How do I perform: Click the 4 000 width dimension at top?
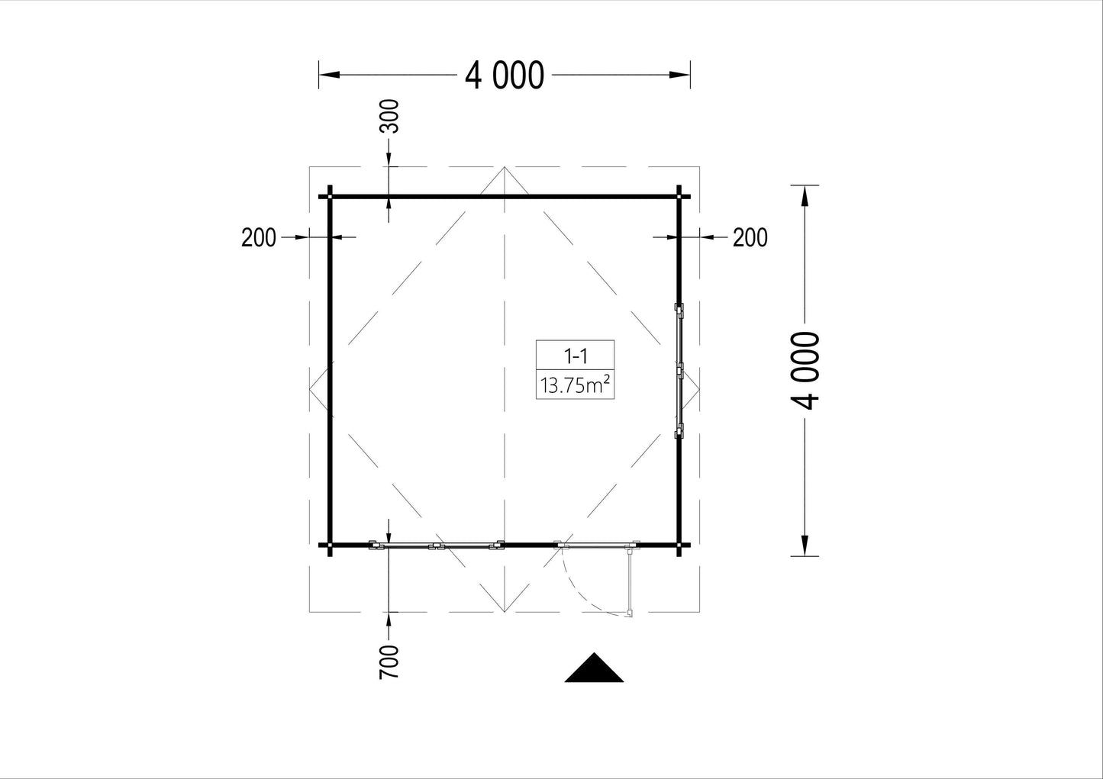505,76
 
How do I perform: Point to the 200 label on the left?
259,238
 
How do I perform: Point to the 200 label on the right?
750,238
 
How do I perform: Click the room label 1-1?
575,356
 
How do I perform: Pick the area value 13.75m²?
575,385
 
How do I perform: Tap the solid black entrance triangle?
594,668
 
